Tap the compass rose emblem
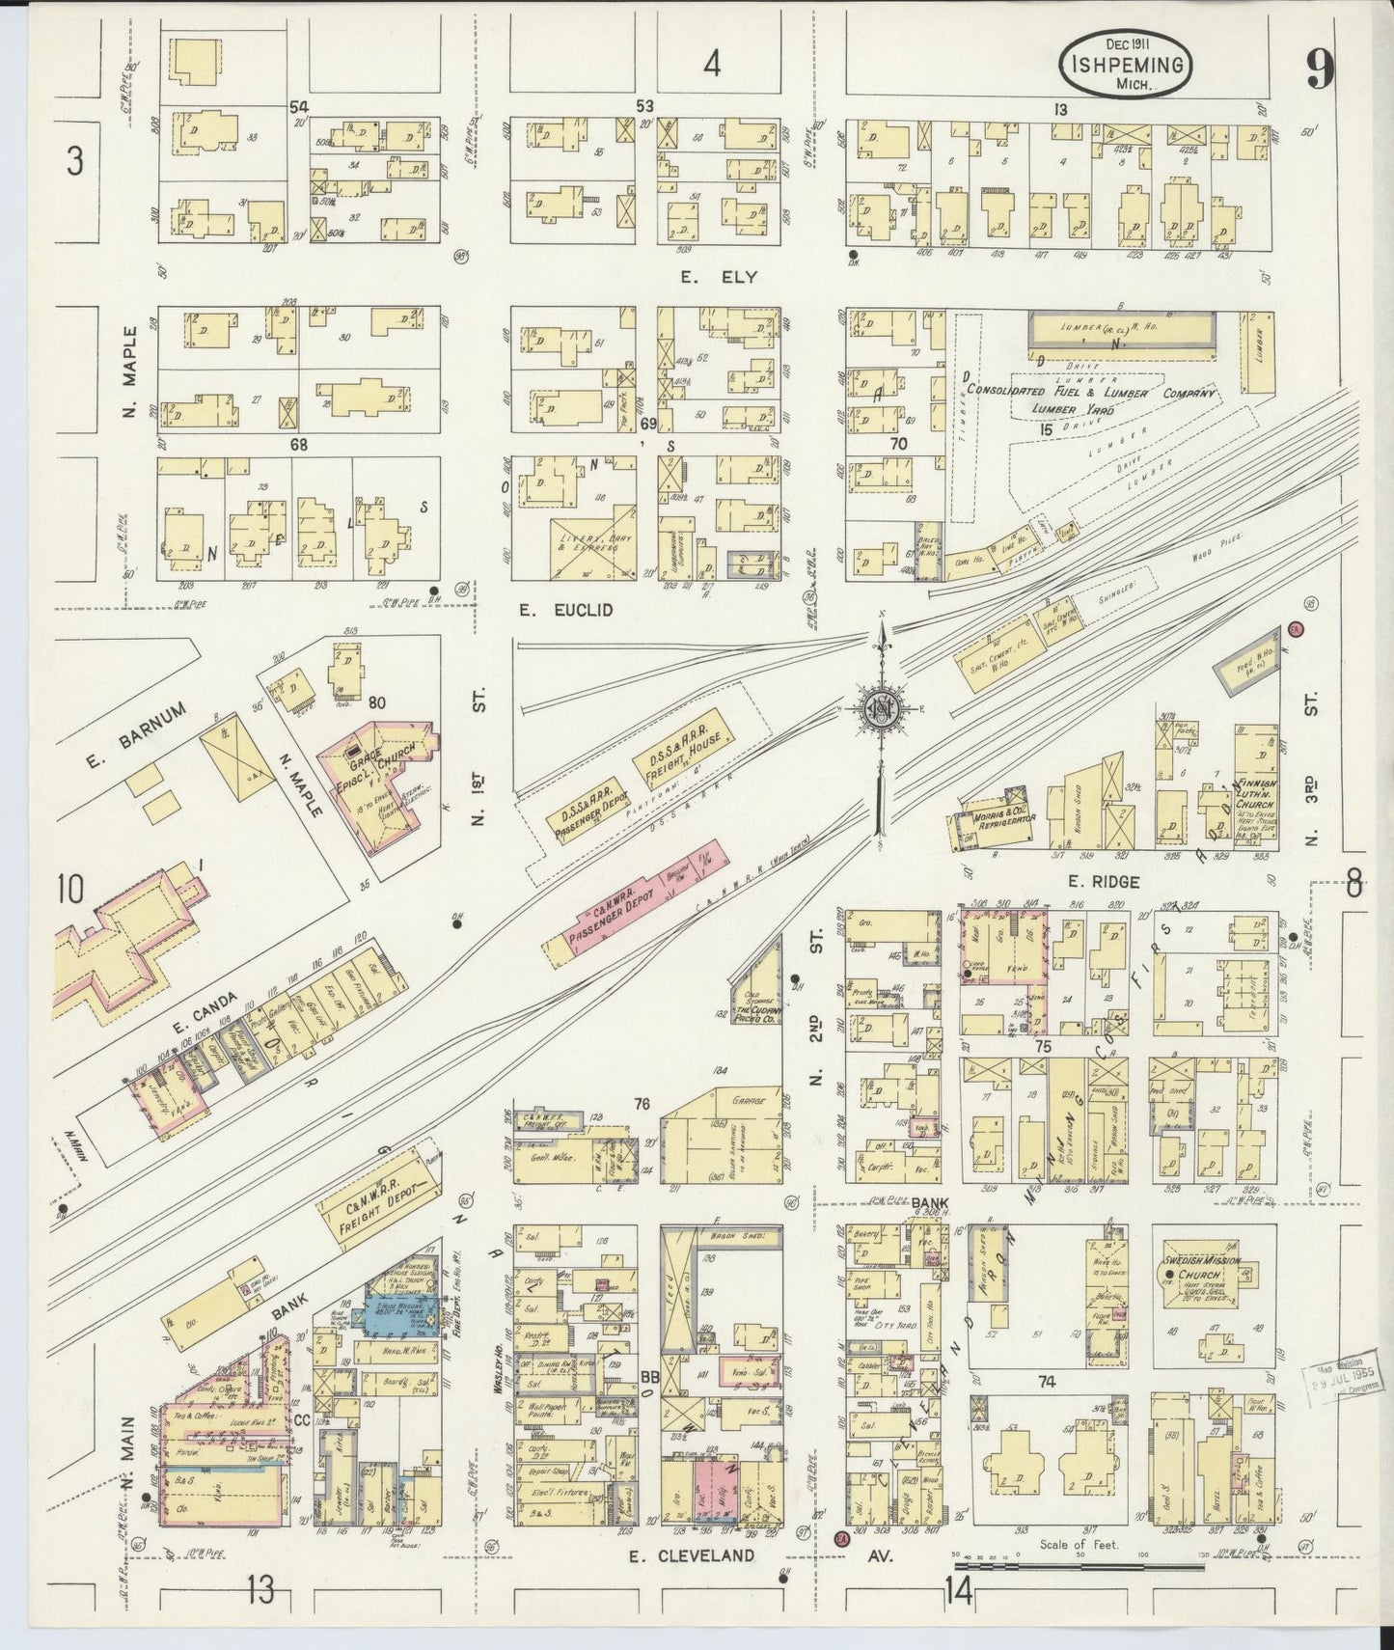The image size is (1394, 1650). (880, 707)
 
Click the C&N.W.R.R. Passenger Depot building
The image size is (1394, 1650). (627, 914)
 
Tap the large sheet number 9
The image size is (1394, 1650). (1320, 69)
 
